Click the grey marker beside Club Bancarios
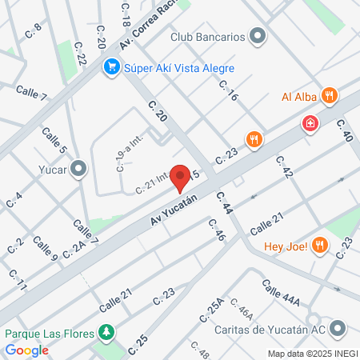pyautogui.click(x=258, y=36)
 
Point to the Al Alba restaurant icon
pyautogui.click(x=328, y=97)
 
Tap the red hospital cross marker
pyautogui.click(x=309, y=123)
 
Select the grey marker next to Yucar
pyautogui.click(x=78, y=168)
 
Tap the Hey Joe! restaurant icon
pyautogui.click(x=319, y=246)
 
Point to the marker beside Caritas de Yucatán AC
pyautogui.click(x=338, y=328)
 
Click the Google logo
pyautogui.click(x=27, y=350)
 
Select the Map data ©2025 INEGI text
pyautogui.click(x=311, y=354)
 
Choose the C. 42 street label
pyautogui.click(x=285, y=166)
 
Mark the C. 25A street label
pyautogui.click(x=215, y=310)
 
